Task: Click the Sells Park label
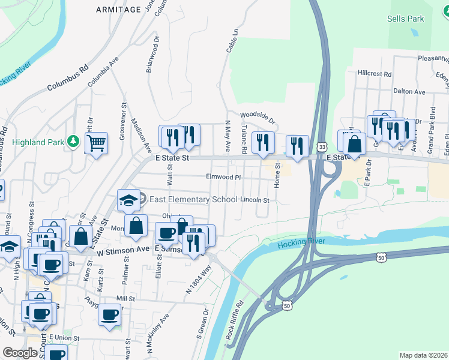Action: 406,19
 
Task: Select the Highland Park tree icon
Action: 73,141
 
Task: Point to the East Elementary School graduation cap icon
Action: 128,201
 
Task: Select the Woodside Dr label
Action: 257,116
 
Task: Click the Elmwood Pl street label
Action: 223,177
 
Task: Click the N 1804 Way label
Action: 199,280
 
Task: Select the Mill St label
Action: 125,298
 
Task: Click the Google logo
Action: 20,353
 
